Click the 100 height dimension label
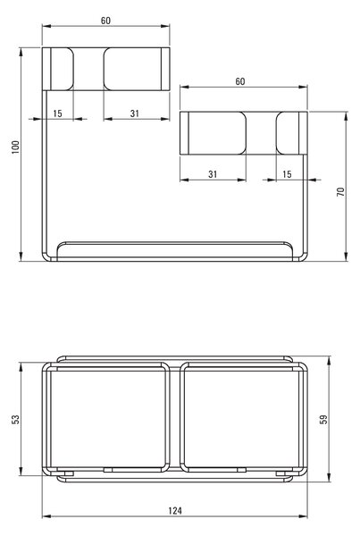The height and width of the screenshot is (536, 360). tap(16, 147)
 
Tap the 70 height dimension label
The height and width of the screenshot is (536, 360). tap(341, 192)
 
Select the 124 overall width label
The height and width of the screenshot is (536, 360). tap(175, 511)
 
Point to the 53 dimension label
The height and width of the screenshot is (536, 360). tap(16, 420)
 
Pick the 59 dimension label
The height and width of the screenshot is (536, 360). tap(323, 420)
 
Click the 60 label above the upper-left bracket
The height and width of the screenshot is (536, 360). tap(105, 21)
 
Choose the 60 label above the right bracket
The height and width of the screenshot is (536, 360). tap(240, 81)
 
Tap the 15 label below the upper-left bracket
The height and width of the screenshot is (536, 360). tap(57, 113)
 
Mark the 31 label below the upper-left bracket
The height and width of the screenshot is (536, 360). tap(135, 113)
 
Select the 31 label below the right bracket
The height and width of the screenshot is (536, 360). tap(213, 174)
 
